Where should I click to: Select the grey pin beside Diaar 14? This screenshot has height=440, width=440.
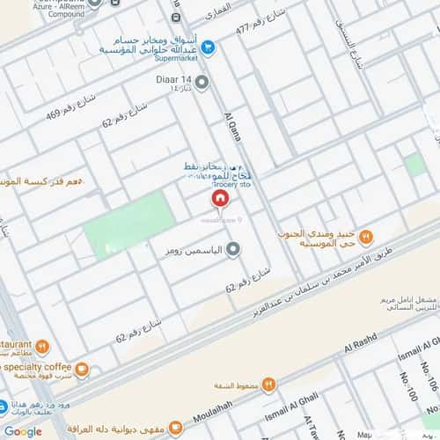point(202,84)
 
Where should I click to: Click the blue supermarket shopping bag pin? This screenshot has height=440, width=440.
point(208,48)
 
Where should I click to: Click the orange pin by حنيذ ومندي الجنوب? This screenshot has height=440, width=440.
point(367,236)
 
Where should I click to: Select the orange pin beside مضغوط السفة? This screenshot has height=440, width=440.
point(269,384)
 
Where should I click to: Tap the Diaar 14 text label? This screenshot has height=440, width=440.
point(166,79)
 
